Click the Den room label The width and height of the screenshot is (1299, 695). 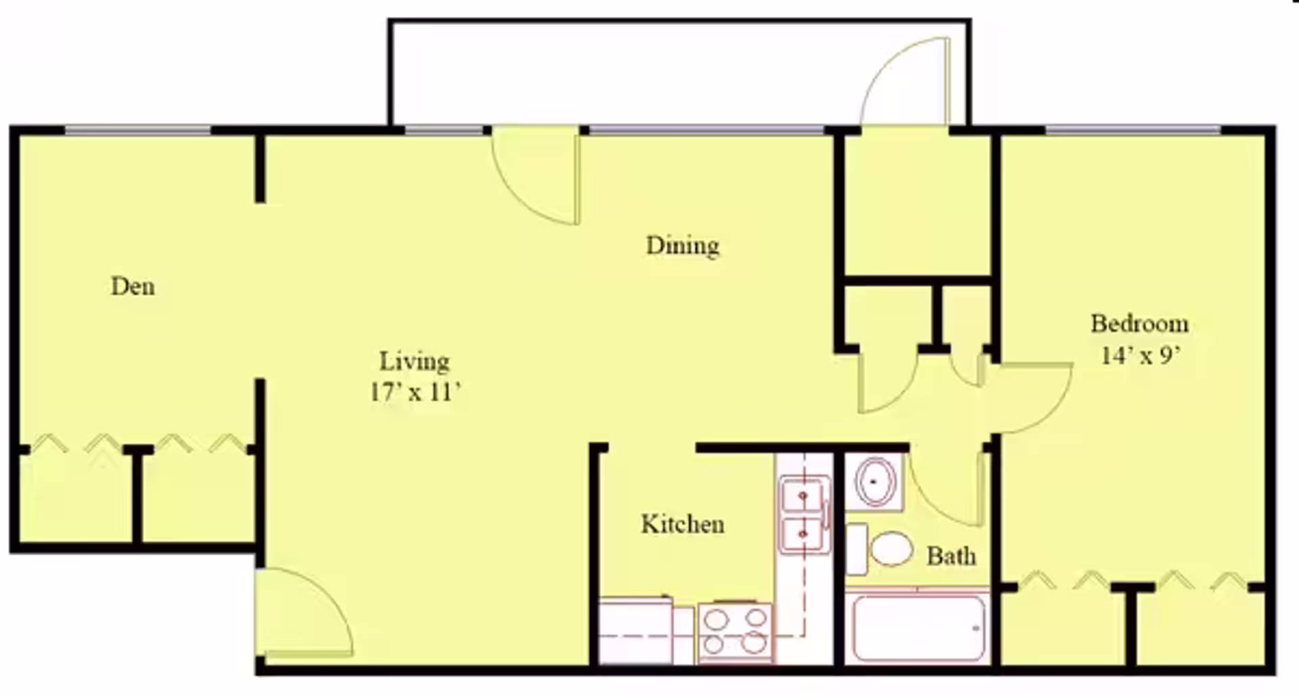(x=133, y=286)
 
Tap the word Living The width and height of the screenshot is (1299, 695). (x=414, y=361)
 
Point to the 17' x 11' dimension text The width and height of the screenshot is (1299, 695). (x=415, y=392)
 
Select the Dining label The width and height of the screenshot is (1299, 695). (x=683, y=246)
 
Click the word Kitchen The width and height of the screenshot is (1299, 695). (x=683, y=524)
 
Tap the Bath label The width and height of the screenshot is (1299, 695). (x=951, y=556)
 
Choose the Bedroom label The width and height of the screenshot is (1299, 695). (x=1139, y=323)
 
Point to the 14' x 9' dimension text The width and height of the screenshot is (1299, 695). (x=1141, y=355)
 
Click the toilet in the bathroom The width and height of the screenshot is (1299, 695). (x=880, y=548)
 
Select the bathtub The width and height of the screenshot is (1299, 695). (x=918, y=628)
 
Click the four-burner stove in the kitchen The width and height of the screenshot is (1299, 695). (x=735, y=631)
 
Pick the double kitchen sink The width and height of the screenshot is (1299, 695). (x=804, y=514)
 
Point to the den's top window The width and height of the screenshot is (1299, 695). (x=138, y=129)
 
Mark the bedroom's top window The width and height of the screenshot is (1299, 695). (x=1133, y=129)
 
